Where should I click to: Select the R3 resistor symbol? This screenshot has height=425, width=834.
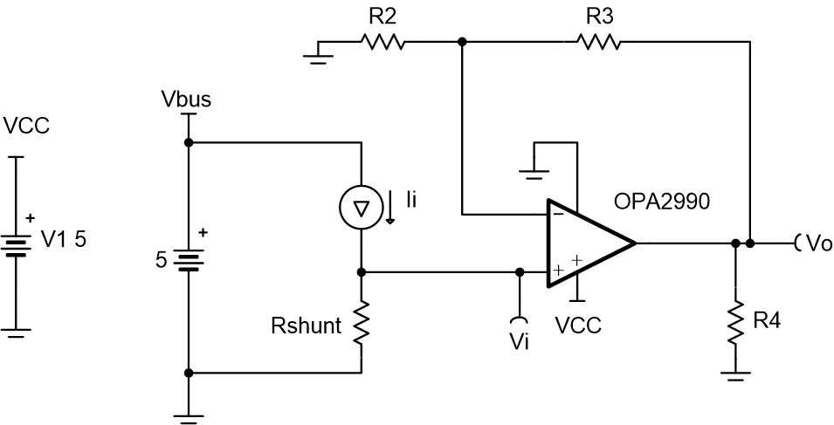598,41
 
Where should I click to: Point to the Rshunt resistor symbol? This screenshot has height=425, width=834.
361,325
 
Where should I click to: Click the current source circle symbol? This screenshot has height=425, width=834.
361,207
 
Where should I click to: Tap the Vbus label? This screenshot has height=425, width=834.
186,99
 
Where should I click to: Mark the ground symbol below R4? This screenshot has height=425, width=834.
735,376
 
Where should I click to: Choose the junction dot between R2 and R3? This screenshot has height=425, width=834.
461,41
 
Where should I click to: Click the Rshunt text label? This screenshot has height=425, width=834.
307,328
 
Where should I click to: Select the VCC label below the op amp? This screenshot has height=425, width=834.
577,326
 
